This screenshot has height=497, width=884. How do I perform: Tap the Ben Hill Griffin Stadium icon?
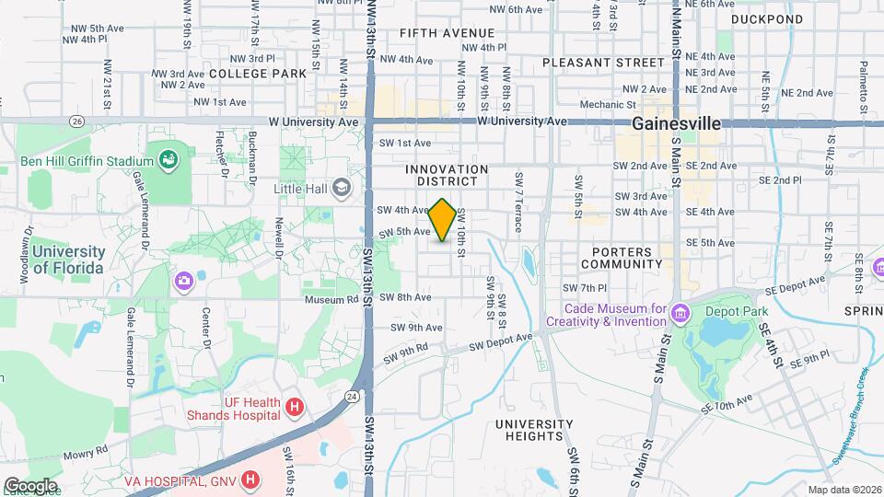coord(168,160)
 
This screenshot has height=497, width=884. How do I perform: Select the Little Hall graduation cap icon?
coord(343,188)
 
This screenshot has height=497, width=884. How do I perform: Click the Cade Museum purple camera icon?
coord(680,314)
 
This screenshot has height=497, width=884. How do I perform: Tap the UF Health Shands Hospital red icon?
coord(294,407)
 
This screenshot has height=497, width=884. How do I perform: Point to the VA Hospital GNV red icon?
coord(250,480)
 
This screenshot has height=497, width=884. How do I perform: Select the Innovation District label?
coord(447,175)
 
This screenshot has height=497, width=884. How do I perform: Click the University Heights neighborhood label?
coord(534,431)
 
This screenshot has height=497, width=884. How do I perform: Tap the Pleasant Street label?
coord(590,63)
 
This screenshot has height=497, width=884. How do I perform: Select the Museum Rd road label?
coord(331,299)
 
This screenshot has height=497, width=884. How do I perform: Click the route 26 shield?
coord(77,121)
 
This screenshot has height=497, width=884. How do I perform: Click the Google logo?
coord(30,485)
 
